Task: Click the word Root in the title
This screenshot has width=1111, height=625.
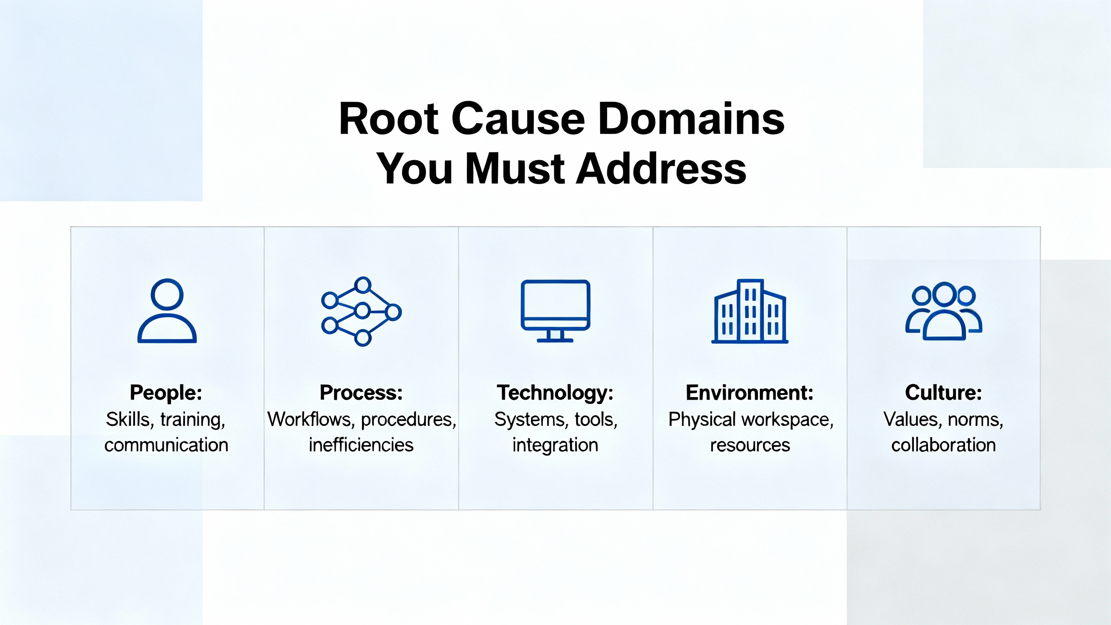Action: click(x=389, y=118)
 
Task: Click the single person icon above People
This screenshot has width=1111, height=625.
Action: click(x=167, y=311)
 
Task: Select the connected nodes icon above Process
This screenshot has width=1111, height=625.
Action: click(x=361, y=311)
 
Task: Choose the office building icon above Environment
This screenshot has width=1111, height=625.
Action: click(x=749, y=311)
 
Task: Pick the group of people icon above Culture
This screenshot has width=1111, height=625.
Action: click(x=943, y=311)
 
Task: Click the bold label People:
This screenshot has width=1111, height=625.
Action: click(x=166, y=392)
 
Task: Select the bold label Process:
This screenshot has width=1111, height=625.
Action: click(x=361, y=392)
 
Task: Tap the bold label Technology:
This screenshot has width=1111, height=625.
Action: click(x=555, y=392)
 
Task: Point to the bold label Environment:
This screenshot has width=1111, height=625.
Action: click(x=749, y=392)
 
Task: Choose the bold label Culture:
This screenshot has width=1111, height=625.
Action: click(x=943, y=392)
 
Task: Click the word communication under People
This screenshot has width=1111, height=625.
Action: click(x=166, y=445)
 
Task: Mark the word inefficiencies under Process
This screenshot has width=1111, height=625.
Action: click(x=361, y=445)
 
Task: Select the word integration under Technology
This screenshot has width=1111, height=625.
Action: click(x=555, y=445)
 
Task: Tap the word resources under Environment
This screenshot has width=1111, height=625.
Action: click(x=750, y=445)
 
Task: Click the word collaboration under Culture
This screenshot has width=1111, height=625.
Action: click(x=943, y=445)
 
